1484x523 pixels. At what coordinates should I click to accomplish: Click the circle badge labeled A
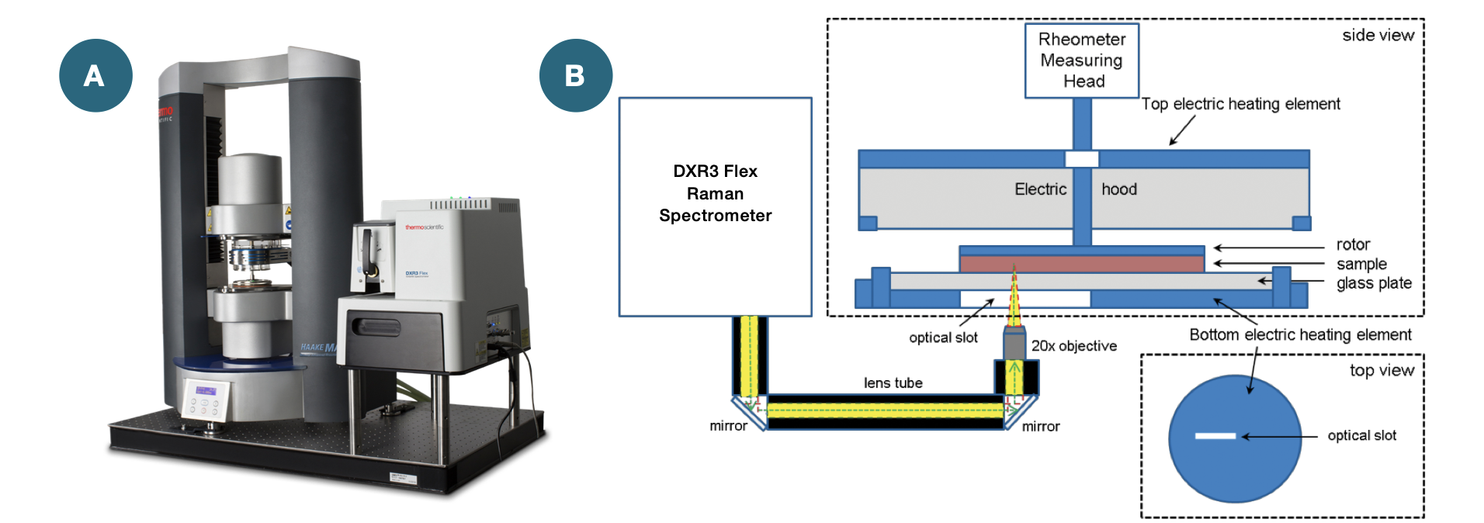pos(95,75)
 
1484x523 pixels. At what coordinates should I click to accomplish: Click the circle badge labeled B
pos(575,75)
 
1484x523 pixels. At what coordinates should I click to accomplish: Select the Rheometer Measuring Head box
pos(1081,61)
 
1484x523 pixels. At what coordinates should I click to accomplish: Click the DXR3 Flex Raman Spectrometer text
pos(715,193)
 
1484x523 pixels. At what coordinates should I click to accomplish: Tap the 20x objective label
pos(1073,346)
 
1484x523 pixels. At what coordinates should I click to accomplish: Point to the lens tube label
pos(893,383)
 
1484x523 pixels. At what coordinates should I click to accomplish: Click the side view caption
pos(1378,35)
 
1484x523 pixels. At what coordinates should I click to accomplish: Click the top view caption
pos(1382,370)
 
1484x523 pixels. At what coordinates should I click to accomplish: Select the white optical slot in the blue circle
pos(1215,436)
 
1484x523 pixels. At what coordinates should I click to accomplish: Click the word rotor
pos(1353,244)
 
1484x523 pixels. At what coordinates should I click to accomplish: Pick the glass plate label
pos(1374,283)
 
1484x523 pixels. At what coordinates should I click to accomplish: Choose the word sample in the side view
pos(1361,264)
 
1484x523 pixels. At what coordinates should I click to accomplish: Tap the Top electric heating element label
pos(1240,104)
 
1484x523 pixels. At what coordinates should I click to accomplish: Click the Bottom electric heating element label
pos(1300,334)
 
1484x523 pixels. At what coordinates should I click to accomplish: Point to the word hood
pos(1118,189)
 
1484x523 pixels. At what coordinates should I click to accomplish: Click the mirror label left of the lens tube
pos(728,425)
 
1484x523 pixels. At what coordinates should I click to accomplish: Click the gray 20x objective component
pos(1014,343)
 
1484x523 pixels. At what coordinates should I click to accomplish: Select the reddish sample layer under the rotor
pos(1081,264)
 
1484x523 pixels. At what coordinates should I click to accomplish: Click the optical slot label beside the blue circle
pos(1361,435)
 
